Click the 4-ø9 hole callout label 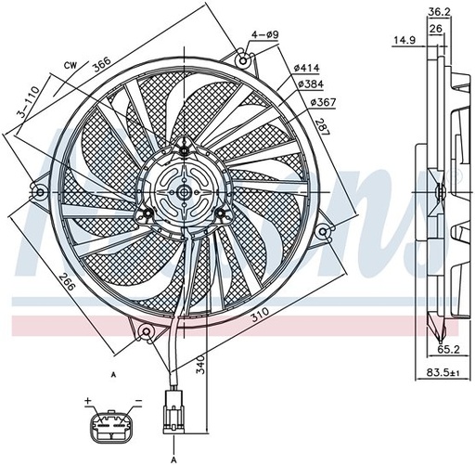click(x=265, y=34)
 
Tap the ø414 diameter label click(x=306, y=68)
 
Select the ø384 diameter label click(x=311, y=84)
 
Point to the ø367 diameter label click(x=323, y=102)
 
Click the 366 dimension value click(x=102, y=65)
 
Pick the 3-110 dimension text click(x=29, y=102)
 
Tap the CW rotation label click(x=71, y=65)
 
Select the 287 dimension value click(x=323, y=126)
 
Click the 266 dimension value click(x=67, y=281)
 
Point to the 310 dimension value click(x=260, y=315)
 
